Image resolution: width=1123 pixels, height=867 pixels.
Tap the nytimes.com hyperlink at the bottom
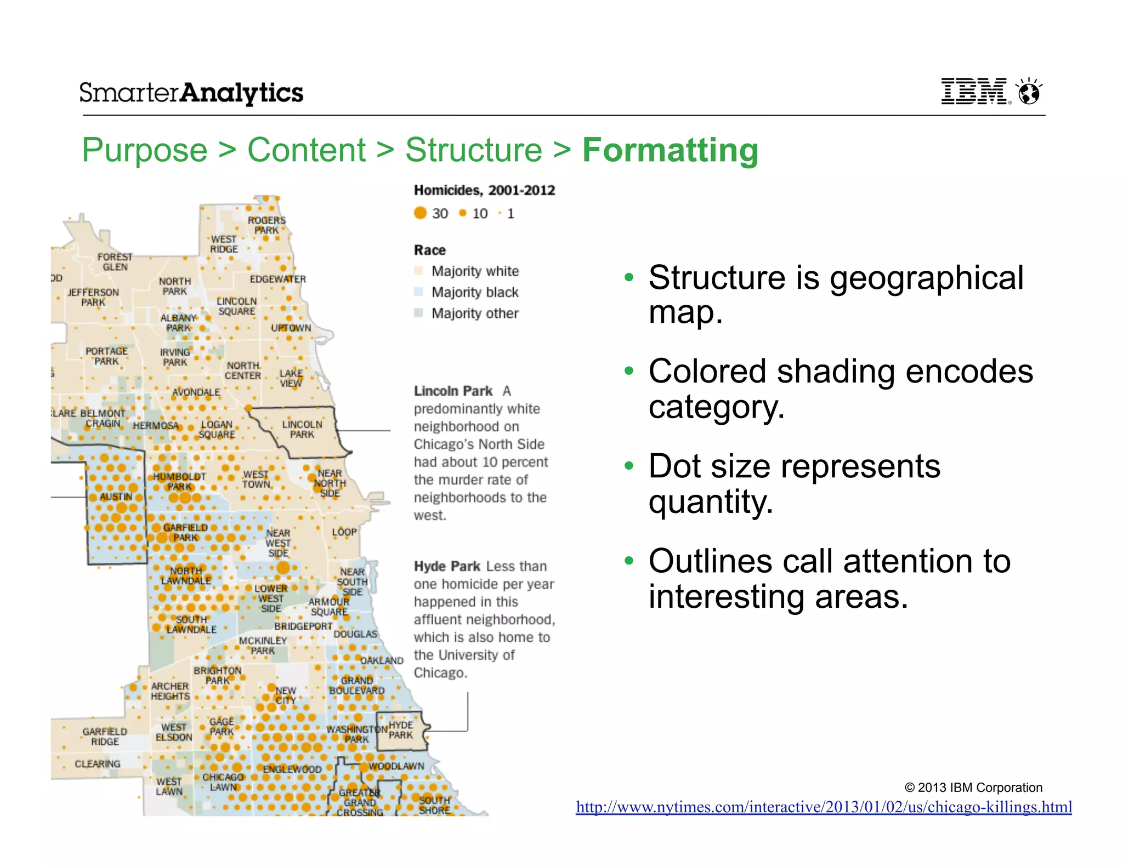tap(824, 807)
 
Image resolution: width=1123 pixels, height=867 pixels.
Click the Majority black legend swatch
tap(419, 292)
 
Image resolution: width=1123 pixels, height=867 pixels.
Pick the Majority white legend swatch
tap(419, 271)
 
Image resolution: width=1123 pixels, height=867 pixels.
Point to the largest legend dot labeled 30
tap(421, 213)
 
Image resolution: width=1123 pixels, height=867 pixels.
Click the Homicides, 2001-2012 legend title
tap(484, 190)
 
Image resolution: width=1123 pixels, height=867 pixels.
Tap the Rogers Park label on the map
tap(266, 225)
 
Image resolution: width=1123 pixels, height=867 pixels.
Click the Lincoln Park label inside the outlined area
tap(302, 429)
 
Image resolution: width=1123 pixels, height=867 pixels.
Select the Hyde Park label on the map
tap(401, 730)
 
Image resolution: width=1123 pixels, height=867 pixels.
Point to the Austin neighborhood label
tap(116, 497)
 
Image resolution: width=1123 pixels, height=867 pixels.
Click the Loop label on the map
tap(344, 532)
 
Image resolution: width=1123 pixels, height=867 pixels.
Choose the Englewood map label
tap(292, 769)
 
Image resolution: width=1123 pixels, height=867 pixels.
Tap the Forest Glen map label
tap(115, 262)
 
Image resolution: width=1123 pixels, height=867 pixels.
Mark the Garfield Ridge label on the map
tap(105, 737)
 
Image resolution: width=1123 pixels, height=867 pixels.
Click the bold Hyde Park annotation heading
tap(447, 566)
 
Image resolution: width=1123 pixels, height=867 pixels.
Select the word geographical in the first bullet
tap(926, 278)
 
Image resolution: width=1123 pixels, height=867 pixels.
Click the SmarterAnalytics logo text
tap(191, 93)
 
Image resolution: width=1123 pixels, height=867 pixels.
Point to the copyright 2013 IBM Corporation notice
tap(973, 788)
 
